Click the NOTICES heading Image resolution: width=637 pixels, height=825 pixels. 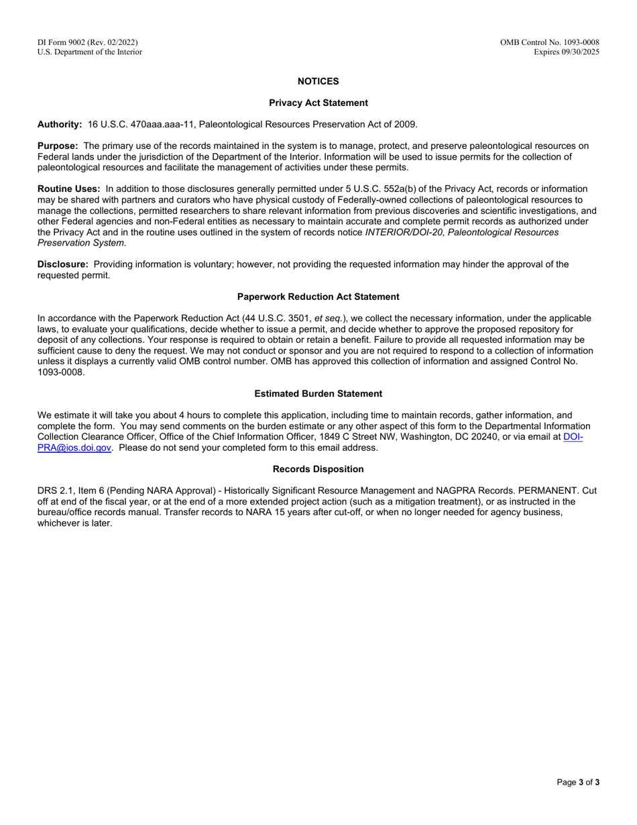tap(318, 81)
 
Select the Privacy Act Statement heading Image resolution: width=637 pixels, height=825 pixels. tap(318, 103)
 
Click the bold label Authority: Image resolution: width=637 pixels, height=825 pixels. tap(60, 124)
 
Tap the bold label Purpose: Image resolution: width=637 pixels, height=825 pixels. tap(58, 146)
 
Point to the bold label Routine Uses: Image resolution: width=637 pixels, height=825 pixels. tap(68, 189)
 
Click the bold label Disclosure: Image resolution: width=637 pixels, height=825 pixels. tap(62, 264)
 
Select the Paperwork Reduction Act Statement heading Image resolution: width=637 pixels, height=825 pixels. tap(318, 296)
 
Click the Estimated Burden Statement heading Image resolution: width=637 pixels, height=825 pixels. tap(318, 394)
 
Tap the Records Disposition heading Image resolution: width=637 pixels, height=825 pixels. tap(318, 469)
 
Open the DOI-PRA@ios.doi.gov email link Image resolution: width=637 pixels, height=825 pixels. tap(74, 448)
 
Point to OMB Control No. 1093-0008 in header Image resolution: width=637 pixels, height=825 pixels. tap(549, 42)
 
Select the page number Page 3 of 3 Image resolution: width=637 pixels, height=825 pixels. tap(578, 782)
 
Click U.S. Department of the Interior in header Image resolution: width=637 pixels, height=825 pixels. tap(89, 52)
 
